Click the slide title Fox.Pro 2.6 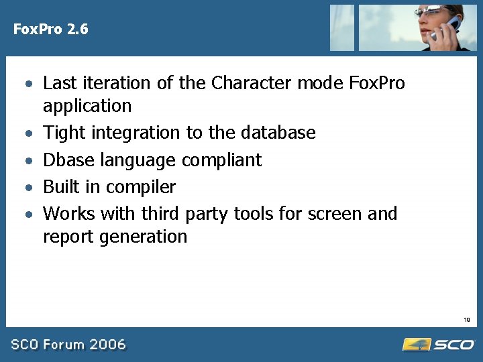pyautogui.click(x=51, y=29)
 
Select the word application pyautogui.click(x=87, y=106)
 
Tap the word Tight pyautogui.click(x=65, y=133)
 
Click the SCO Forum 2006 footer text pyautogui.click(x=68, y=345)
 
